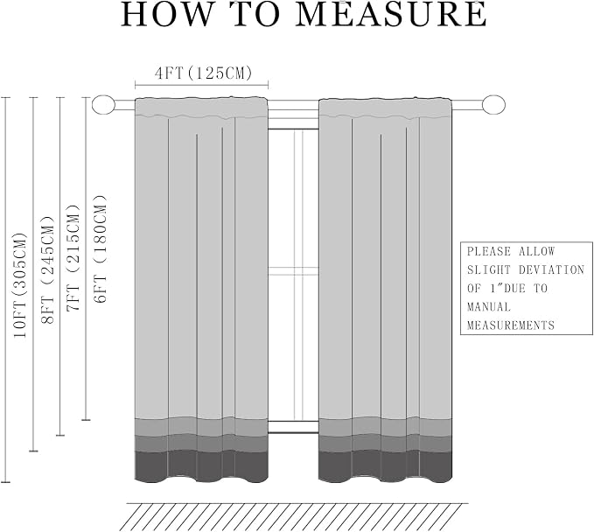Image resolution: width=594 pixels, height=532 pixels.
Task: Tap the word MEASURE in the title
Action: pos(391,14)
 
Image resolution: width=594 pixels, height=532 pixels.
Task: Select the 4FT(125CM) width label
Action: pos(204,73)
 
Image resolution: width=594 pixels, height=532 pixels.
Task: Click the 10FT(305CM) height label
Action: pos(20,286)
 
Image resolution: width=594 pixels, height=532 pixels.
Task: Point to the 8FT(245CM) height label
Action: pos(48,270)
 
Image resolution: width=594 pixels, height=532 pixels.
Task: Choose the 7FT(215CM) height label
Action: pos(73,258)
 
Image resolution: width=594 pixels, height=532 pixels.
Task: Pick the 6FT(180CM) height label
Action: pos(101,249)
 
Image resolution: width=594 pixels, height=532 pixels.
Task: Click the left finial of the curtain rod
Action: pos(103,104)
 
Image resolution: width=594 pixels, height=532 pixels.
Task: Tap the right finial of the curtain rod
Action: pos(493,104)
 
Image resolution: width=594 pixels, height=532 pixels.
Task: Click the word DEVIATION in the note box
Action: pos(551,269)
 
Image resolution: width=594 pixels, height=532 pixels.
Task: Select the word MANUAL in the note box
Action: pos(489,306)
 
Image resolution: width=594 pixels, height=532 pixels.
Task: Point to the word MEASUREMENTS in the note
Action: pos(511,325)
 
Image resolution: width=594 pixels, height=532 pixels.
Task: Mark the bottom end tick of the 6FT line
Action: pos(87,420)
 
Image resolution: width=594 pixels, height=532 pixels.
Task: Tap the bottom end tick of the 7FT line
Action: pos(60,436)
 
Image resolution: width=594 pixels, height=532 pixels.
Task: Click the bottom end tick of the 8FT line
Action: pos(34,451)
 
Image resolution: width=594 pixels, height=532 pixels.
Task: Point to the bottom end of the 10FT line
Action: pos(5,482)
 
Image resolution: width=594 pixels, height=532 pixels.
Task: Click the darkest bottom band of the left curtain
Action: pos(201,466)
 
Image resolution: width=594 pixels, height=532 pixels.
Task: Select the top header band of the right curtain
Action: pos(386,108)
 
